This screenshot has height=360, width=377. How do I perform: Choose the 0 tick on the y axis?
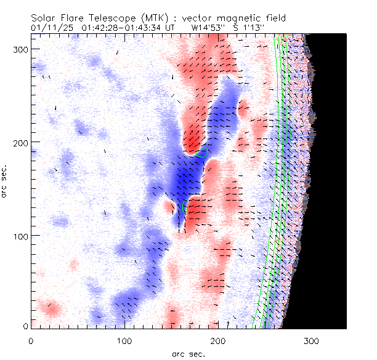pyautogui.click(x=25, y=326)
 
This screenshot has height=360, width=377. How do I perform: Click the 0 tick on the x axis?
pyautogui.click(x=31, y=340)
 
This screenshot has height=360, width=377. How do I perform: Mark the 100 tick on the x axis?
pyautogui.click(x=124, y=340)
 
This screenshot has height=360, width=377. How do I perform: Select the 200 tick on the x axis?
pyautogui.click(x=218, y=340)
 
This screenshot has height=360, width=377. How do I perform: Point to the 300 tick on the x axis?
pyautogui.click(x=312, y=340)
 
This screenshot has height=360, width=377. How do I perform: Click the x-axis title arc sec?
pyautogui.click(x=188, y=353)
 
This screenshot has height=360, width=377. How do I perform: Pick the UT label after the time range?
pyautogui.click(x=170, y=28)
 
